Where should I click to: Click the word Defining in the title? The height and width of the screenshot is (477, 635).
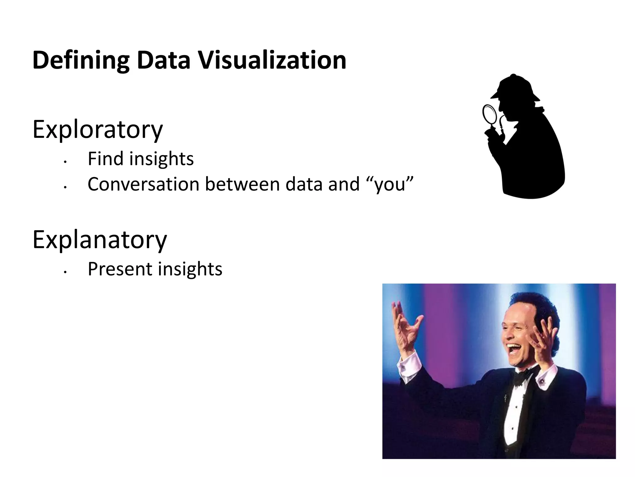[x=81, y=61]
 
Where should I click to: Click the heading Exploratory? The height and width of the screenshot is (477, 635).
[x=97, y=130]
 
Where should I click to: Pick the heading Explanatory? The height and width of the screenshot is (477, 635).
[x=100, y=240]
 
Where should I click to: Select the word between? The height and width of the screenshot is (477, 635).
[x=242, y=184]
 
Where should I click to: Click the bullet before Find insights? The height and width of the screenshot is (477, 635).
[x=65, y=162]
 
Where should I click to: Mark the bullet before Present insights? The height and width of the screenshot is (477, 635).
[x=65, y=272]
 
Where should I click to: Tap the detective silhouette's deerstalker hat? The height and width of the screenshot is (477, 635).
[x=515, y=89]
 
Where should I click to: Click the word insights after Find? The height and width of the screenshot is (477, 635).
[x=161, y=159]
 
